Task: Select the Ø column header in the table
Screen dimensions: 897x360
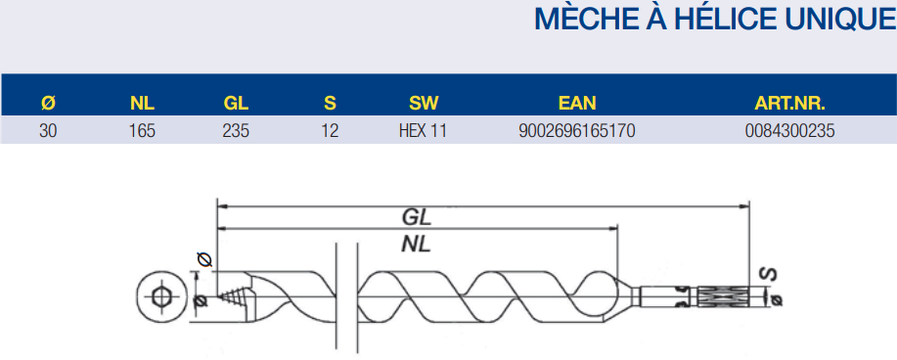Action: point(49,103)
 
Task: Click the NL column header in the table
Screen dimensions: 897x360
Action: point(143,103)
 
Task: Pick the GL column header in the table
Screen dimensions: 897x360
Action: point(236,103)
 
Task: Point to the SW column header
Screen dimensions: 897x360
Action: point(424,103)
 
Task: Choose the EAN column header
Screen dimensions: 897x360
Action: point(577,103)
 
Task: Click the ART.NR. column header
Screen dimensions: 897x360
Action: point(789,103)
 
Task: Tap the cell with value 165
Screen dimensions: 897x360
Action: point(143,131)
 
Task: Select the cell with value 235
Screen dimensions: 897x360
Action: point(236,131)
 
